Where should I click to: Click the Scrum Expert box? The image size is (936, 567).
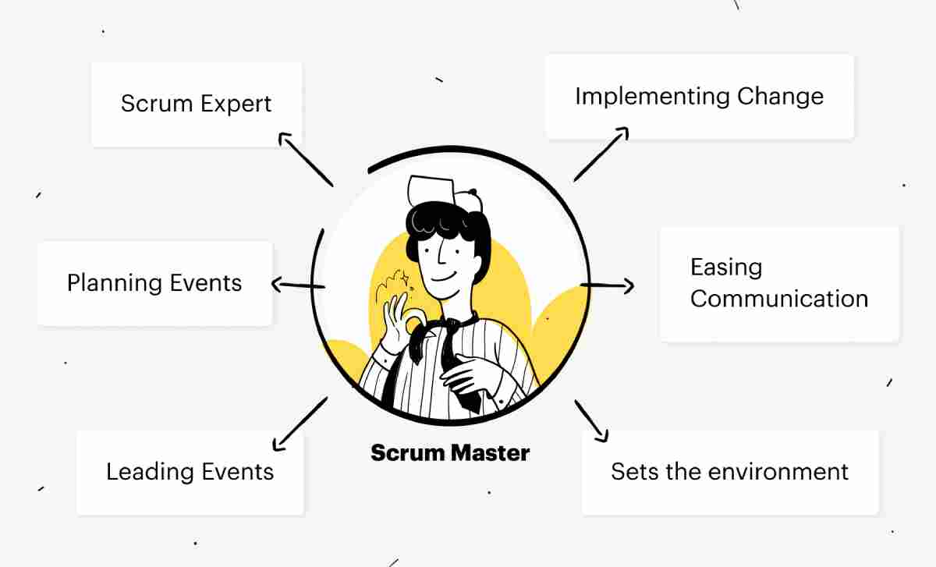[197, 105]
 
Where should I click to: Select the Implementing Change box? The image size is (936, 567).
[700, 97]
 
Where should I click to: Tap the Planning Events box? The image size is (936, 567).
[154, 283]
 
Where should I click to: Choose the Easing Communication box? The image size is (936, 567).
[779, 285]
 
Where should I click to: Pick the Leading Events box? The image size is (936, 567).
[190, 473]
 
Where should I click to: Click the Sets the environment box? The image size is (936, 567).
[730, 473]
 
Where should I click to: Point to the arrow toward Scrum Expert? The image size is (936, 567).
[306, 159]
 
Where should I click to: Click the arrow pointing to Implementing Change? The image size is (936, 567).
[601, 154]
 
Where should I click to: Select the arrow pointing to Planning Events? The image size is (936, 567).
[298, 285]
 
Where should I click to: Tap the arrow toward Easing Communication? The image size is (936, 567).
[607, 285]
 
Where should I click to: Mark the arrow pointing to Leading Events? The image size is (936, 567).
[300, 424]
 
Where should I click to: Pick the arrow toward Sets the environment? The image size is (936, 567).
[591, 421]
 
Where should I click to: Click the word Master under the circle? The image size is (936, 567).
[490, 453]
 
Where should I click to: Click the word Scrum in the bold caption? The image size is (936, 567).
[408, 453]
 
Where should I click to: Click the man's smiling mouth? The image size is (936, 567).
[444, 277]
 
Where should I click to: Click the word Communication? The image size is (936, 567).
[779, 299]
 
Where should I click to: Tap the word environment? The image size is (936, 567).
[778, 472]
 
